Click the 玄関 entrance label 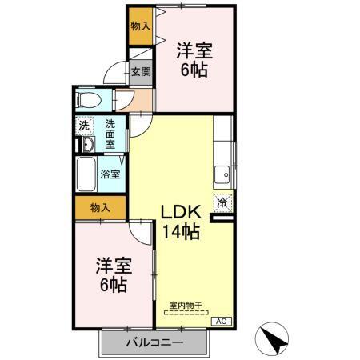[x=141, y=70]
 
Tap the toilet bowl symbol [x=89, y=101]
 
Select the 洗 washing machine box [x=83, y=126]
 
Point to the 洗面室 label [x=110, y=134]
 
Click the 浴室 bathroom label [x=110, y=174]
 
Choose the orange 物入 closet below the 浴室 [x=100, y=208]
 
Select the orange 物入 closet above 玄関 [x=140, y=27]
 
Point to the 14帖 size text [x=181, y=233]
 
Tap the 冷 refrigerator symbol [x=222, y=203]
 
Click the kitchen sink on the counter [x=221, y=174]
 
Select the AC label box [x=222, y=320]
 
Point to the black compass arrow [x=276, y=339]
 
